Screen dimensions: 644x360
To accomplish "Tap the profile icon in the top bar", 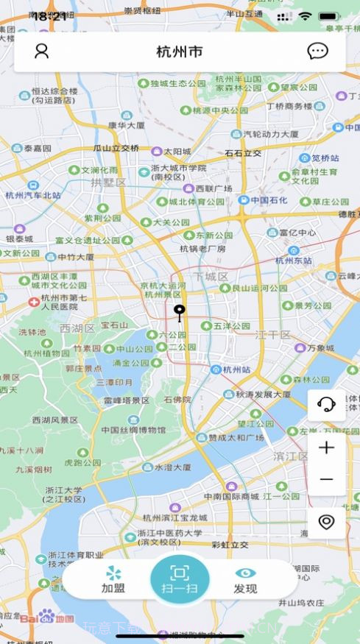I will point(41,51).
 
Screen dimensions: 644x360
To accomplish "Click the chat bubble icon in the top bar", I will point(317,51).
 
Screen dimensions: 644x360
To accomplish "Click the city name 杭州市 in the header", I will point(179,52).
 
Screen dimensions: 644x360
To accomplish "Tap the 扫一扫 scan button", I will point(180,579).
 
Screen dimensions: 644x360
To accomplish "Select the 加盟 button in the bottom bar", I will point(113,580).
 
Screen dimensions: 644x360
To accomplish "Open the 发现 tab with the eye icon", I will point(245,580).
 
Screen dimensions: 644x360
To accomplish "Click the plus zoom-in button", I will point(326,447).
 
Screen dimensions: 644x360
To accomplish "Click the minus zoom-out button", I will point(326,480).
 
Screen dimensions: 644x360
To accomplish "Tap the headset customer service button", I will point(326,403).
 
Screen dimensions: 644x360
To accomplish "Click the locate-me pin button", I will point(326,522).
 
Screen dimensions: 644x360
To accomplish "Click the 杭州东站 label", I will point(293,260).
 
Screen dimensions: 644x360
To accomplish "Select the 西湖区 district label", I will point(77,328).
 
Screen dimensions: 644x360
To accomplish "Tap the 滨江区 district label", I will point(291,456).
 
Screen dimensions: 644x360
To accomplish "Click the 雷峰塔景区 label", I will point(126,400).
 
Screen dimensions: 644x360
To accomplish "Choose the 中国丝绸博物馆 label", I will point(133,430).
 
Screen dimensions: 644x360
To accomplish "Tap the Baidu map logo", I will point(46,617).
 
